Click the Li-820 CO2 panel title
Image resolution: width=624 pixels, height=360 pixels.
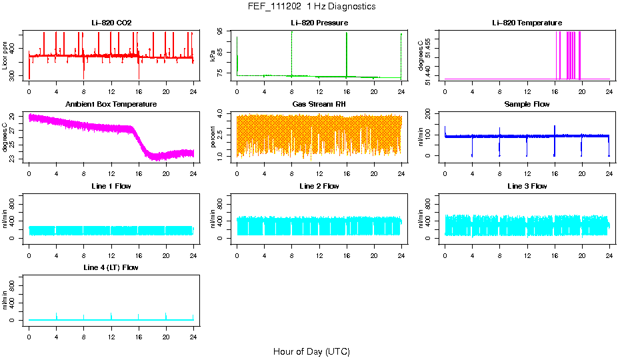point(111,23)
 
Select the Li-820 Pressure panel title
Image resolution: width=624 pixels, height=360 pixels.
point(319,23)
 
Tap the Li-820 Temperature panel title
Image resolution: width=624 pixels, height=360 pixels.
point(527,23)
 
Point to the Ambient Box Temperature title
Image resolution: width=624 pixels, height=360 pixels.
point(111,105)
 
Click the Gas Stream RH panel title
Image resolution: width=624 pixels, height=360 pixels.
point(319,105)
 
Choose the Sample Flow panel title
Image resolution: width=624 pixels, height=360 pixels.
point(527,105)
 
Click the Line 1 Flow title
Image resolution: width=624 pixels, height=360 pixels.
point(111,186)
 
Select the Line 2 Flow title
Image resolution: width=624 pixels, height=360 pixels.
point(319,186)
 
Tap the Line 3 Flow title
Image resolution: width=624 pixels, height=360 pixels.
point(527,186)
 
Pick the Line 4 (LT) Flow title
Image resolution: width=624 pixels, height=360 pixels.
point(111,267)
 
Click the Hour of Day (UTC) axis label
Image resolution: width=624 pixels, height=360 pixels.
point(311,351)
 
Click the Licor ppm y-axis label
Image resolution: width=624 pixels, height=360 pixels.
point(5,55)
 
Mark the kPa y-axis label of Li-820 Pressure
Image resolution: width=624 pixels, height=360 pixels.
point(213,55)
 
